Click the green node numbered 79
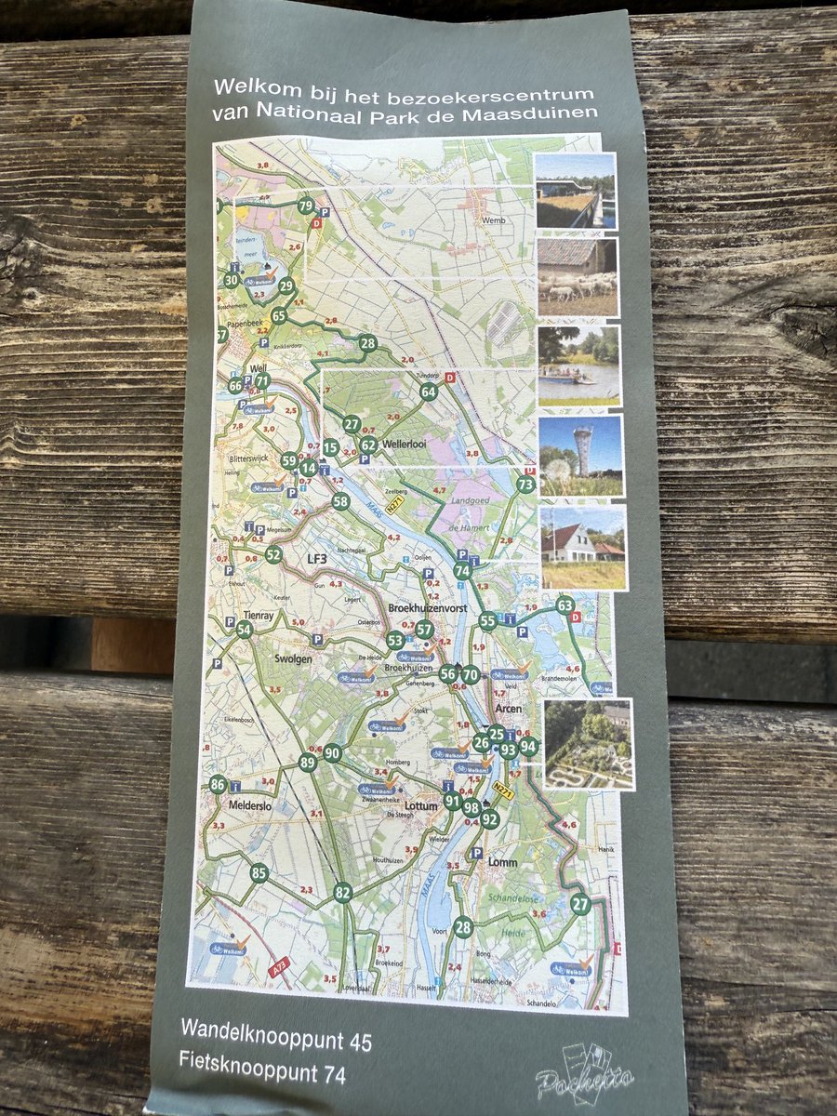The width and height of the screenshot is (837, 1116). click(306, 206)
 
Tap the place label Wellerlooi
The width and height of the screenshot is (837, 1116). click(408, 444)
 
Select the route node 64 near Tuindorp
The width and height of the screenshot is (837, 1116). click(428, 392)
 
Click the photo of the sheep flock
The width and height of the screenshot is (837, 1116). click(577, 277)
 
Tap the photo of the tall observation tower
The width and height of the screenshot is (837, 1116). click(580, 456)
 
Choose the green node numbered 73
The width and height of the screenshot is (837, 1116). click(525, 484)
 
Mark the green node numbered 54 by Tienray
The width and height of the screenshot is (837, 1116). click(244, 630)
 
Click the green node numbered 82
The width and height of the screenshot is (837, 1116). click(343, 893)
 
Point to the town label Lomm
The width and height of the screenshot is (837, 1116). click(503, 862)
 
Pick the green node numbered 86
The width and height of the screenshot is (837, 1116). click(218, 785)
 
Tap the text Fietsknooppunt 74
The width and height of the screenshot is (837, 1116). click(262, 1073)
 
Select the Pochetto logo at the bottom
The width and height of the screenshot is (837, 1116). click(586, 1075)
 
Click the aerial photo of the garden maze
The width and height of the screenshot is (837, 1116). click(589, 744)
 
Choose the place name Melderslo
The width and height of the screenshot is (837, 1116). click(249, 805)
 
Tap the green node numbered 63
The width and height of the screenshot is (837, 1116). click(565, 605)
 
